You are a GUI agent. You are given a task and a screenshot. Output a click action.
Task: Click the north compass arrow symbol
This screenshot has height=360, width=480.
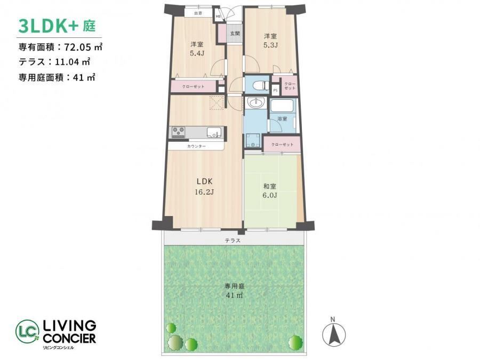click(x=334, y=334)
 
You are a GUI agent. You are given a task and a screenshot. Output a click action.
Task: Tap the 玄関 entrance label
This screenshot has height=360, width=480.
click(x=235, y=34)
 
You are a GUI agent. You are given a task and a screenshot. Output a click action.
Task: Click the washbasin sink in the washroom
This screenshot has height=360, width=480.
click(x=255, y=103)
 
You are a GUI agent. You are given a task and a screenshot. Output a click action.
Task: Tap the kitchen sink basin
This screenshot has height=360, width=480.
click(x=214, y=133)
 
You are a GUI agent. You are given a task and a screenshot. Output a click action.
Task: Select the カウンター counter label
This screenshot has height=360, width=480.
click(x=196, y=146)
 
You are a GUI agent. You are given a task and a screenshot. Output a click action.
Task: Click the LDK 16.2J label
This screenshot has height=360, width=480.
click(x=204, y=187)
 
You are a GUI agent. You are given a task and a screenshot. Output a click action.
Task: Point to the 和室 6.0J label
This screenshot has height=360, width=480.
click(x=270, y=191)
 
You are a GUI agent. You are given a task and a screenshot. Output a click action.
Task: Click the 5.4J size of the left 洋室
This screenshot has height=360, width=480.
click(x=197, y=53)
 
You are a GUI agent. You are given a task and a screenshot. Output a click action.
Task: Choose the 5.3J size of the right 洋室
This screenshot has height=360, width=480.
click(x=270, y=45)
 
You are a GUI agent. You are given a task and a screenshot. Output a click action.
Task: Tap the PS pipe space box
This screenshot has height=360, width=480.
click(x=276, y=90)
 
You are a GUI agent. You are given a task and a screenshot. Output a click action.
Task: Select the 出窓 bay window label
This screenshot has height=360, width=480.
click(x=198, y=13)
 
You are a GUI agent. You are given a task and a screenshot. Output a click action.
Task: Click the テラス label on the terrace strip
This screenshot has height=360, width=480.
click(x=233, y=241)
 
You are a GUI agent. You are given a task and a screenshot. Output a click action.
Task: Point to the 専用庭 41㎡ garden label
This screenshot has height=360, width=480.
click(x=235, y=291)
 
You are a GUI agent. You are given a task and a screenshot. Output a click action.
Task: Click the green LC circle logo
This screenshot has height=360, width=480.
click(x=28, y=332)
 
